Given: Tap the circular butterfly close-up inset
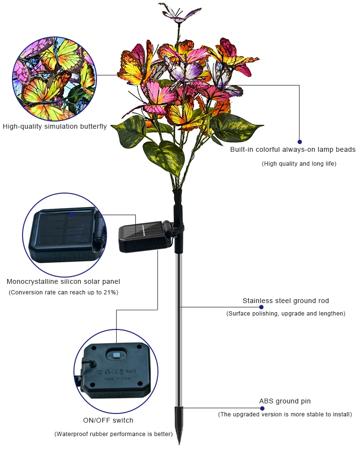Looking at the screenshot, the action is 55,79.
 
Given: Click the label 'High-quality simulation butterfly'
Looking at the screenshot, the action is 55,127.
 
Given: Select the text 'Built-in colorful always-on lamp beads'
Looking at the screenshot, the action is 293,149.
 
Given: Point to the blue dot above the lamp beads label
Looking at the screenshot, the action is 300,142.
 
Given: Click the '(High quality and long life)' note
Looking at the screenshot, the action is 299,164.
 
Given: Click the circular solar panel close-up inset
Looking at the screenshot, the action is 64,235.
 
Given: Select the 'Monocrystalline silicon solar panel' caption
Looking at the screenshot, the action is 63,281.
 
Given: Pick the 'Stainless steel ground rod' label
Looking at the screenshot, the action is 286,301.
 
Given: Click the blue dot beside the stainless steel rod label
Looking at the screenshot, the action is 262,307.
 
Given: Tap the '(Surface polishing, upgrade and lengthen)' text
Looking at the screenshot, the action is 286,314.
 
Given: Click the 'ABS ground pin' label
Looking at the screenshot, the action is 285,401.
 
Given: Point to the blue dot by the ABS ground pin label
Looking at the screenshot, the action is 262,408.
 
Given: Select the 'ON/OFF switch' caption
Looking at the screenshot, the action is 108,420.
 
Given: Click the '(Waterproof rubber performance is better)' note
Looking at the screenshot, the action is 113,434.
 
